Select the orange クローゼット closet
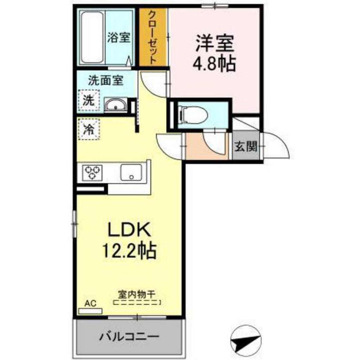(153, 37)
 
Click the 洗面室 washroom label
(105, 81)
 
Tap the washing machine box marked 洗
(89, 101)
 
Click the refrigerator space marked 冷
(89, 129)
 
